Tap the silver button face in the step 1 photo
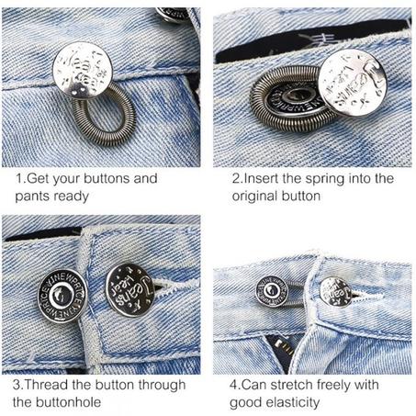coord(84,71)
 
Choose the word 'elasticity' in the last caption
coord(289,402)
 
